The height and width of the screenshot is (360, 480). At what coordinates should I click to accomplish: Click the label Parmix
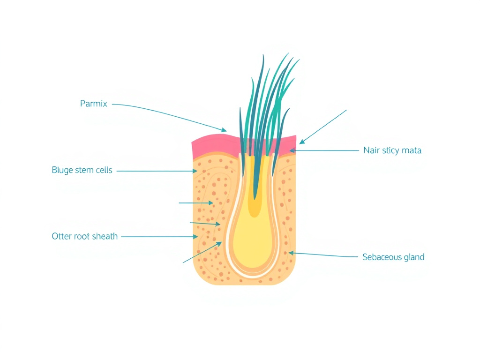click(94, 104)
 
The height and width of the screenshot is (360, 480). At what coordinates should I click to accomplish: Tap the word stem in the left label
click(84, 170)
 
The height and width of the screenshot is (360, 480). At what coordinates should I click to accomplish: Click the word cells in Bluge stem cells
click(104, 170)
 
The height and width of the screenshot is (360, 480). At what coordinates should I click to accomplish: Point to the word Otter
click(62, 236)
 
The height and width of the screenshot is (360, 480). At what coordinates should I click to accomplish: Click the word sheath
click(105, 236)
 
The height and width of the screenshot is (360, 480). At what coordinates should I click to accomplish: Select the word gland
click(414, 257)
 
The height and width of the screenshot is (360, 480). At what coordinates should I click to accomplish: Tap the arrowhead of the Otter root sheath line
click(195, 237)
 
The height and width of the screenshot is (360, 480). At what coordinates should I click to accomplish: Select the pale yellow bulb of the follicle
click(253, 239)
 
